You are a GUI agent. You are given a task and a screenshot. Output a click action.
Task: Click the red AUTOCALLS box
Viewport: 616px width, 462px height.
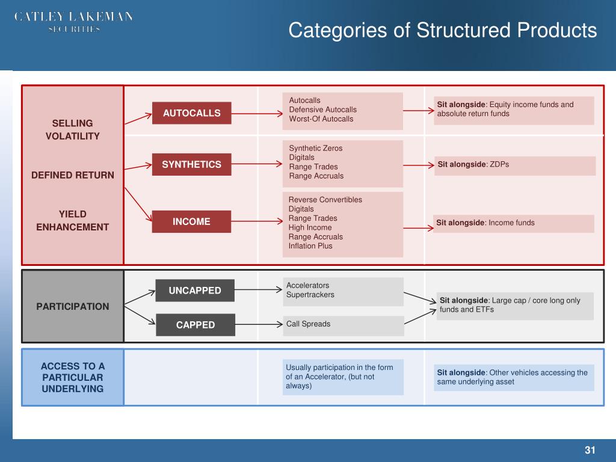pyautogui.click(x=191, y=113)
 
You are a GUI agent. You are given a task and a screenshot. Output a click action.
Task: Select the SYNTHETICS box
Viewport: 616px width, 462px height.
pyautogui.click(x=191, y=164)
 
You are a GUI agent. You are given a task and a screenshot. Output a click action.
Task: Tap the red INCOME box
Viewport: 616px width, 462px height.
pyautogui.click(x=191, y=221)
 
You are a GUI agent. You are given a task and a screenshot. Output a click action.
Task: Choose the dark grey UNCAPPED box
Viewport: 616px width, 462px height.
pyautogui.click(x=195, y=291)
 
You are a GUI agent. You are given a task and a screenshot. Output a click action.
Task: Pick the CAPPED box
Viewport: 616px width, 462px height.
pyautogui.click(x=195, y=325)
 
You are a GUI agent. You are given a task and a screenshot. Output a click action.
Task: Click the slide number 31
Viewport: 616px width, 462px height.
pyautogui.click(x=590, y=451)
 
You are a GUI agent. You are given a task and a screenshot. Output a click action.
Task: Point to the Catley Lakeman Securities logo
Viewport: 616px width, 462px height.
pyautogui.click(x=73, y=22)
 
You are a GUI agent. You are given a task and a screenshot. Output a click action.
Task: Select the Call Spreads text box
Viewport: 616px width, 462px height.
pyautogui.click(x=343, y=325)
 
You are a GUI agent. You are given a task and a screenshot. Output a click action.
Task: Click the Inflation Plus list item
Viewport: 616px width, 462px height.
pyautogui.click(x=310, y=246)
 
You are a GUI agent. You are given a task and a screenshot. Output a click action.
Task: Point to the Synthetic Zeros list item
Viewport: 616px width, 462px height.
pyautogui.click(x=315, y=148)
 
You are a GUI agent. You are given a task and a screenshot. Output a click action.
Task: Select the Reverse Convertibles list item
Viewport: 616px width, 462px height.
pyautogui.click(x=325, y=200)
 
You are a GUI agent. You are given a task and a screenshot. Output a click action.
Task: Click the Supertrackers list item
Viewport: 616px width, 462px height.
pyautogui.click(x=310, y=295)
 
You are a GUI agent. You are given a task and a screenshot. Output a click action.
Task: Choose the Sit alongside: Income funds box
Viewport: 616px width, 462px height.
pyautogui.click(x=513, y=223)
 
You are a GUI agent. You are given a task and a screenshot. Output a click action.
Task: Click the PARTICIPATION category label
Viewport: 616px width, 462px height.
pyautogui.click(x=73, y=306)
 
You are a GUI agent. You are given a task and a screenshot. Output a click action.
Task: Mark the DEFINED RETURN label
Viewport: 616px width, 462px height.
pyautogui.click(x=73, y=175)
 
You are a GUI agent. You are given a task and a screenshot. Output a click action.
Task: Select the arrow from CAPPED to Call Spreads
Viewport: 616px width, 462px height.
pyautogui.click(x=259, y=325)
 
